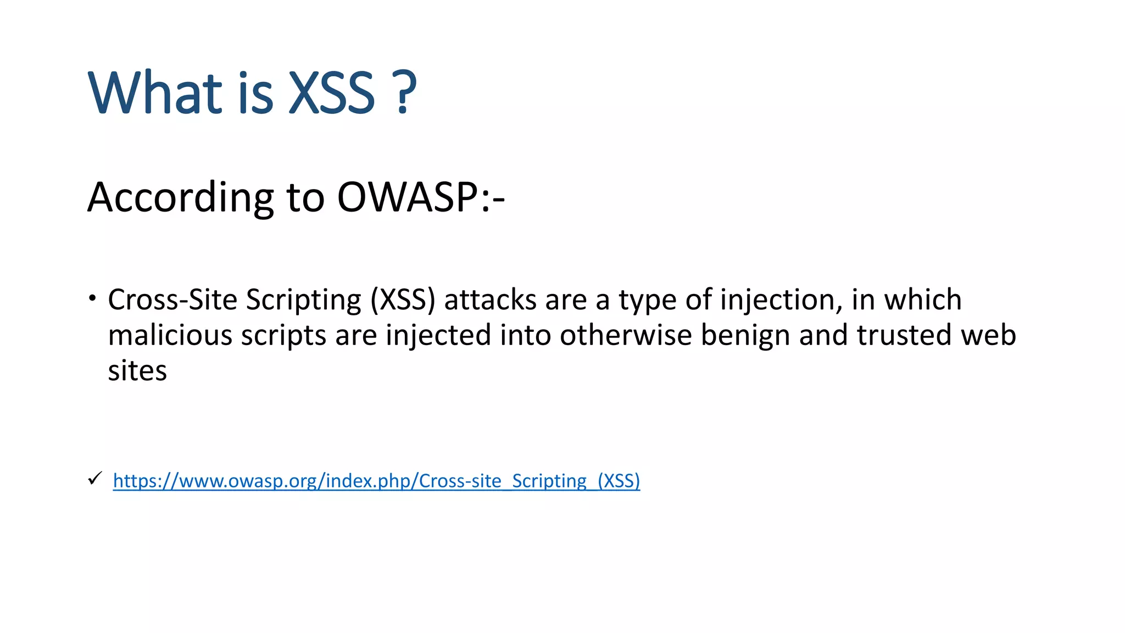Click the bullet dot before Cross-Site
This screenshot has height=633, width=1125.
93,299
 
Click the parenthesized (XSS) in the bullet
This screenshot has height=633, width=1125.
403,301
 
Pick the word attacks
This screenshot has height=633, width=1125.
490,301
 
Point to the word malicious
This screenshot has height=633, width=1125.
170,335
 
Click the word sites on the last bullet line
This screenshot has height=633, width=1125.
137,370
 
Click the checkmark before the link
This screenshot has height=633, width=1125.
94,479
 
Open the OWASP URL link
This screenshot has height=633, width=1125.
376,481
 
